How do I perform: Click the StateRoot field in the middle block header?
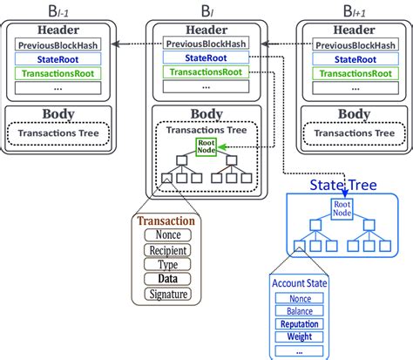(x=206, y=58)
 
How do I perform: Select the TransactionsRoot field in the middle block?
(x=206, y=73)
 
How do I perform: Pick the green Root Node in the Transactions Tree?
(x=206, y=147)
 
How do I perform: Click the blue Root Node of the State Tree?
(x=341, y=208)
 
